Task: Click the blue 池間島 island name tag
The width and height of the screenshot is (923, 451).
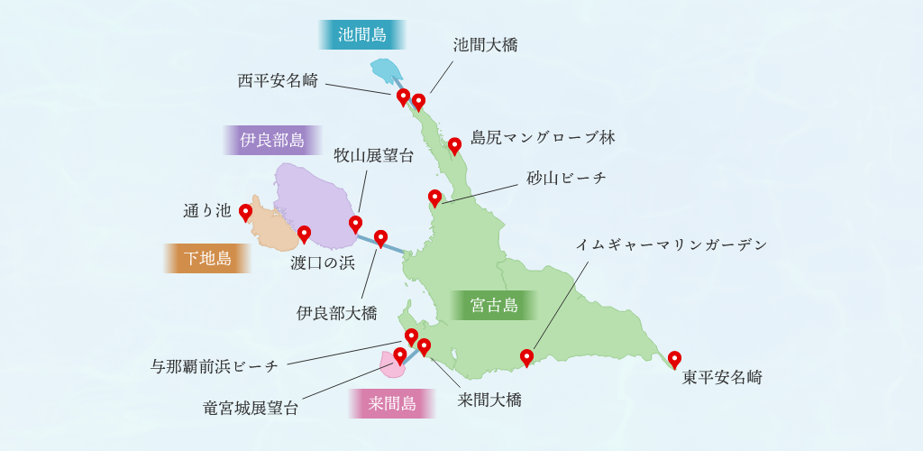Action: tap(362, 35)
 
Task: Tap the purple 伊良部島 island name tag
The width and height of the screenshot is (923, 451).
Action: tap(272, 140)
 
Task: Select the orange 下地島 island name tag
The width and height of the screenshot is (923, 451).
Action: tap(207, 259)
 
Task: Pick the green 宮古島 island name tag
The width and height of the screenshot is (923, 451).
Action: tap(494, 306)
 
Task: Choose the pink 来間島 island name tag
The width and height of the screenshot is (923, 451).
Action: tap(392, 403)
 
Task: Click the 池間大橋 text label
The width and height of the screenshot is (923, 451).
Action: tap(485, 45)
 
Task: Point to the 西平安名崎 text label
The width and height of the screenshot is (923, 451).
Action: tap(278, 80)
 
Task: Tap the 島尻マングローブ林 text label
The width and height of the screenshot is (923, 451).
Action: tap(543, 137)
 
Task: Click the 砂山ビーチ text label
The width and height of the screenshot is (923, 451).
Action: tap(567, 178)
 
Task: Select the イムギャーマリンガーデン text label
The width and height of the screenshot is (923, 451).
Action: tap(672, 244)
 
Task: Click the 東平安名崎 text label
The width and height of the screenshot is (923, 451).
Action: tap(722, 377)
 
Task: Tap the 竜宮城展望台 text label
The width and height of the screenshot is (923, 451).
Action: tap(251, 408)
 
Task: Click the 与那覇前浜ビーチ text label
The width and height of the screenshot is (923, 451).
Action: tap(215, 366)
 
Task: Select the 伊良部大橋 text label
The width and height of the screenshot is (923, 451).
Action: tap(336, 313)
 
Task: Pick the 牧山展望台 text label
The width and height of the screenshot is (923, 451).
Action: tap(374, 155)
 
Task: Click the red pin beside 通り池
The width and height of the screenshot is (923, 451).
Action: tap(245, 213)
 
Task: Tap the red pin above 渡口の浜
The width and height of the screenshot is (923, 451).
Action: tap(304, 234)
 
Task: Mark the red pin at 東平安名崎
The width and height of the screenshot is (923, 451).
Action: tap(674, 360)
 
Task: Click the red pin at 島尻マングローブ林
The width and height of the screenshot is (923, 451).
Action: tap(455, 144)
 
